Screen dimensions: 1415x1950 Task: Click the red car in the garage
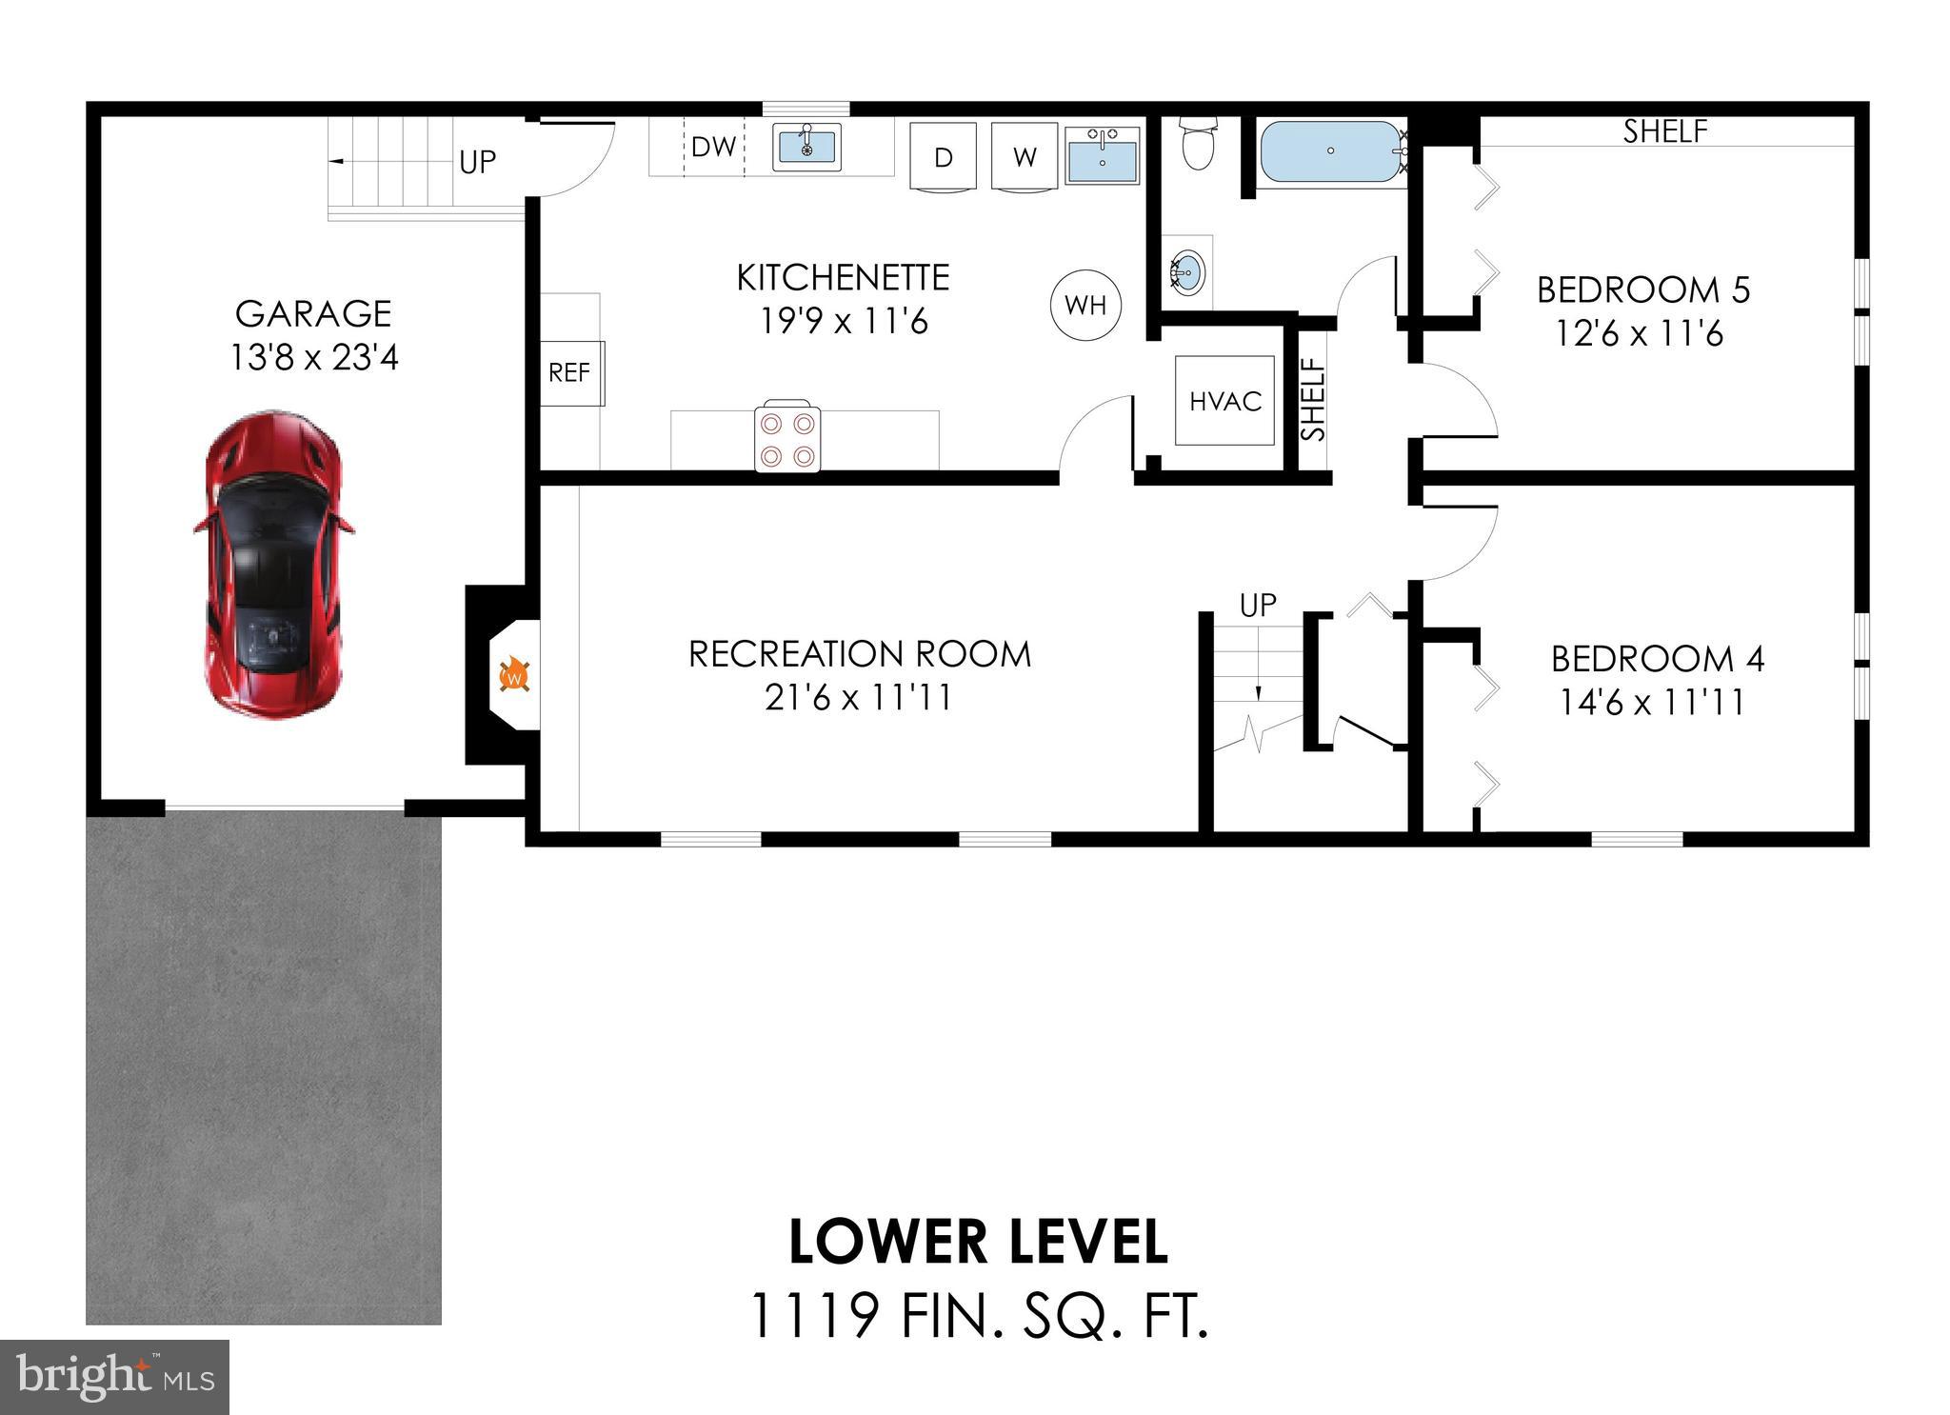[x=273, y=564]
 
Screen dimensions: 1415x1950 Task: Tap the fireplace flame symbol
[x=514, y=675]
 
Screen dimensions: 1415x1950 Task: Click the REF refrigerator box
[x=570, y=372]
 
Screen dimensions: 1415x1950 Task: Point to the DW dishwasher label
[x=713, y=147]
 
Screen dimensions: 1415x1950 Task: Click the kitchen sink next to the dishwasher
[x=806, y=147]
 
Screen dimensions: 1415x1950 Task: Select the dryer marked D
[x=943, y=156]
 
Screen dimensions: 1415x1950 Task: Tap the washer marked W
[x=1025, y=156]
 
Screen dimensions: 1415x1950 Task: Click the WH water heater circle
[x=1085, y=305]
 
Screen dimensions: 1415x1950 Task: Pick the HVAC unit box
[x=1224, y=401]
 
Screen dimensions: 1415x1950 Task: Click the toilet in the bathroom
[x=1198, y=146]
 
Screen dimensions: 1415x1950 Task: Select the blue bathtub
[x=1330, y=150]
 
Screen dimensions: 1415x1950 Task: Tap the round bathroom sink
[x=1186, y=272]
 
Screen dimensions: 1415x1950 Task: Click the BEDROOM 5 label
[x=1643, y=289]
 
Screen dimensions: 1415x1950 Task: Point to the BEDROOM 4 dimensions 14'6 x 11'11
[x=1652, y=703]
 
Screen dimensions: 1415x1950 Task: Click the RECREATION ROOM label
[x=860, y=654]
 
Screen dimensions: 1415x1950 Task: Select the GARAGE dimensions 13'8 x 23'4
[x=314, y=358]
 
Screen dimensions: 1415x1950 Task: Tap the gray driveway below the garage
[x=264, y=1066]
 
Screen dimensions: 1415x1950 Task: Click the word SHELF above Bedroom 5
[x=1665, y=131]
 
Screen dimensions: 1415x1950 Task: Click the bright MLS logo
[x=114, y=1377]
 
